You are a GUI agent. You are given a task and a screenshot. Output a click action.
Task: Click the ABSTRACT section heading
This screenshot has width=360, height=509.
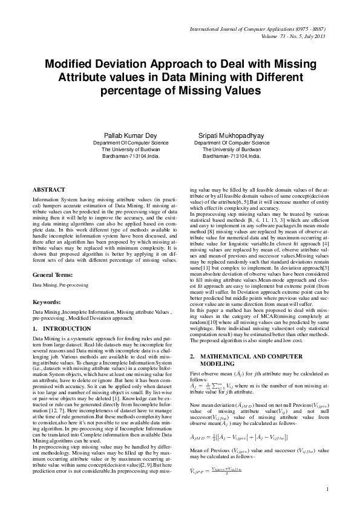coord(50,189)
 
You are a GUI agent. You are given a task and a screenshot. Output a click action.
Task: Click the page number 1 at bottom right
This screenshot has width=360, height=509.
coord(327,488)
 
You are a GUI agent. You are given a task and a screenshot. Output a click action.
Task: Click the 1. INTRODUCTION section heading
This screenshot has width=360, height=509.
coord(61,328)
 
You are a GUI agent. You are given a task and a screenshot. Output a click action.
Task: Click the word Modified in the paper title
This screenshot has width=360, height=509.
coord(73,65)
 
